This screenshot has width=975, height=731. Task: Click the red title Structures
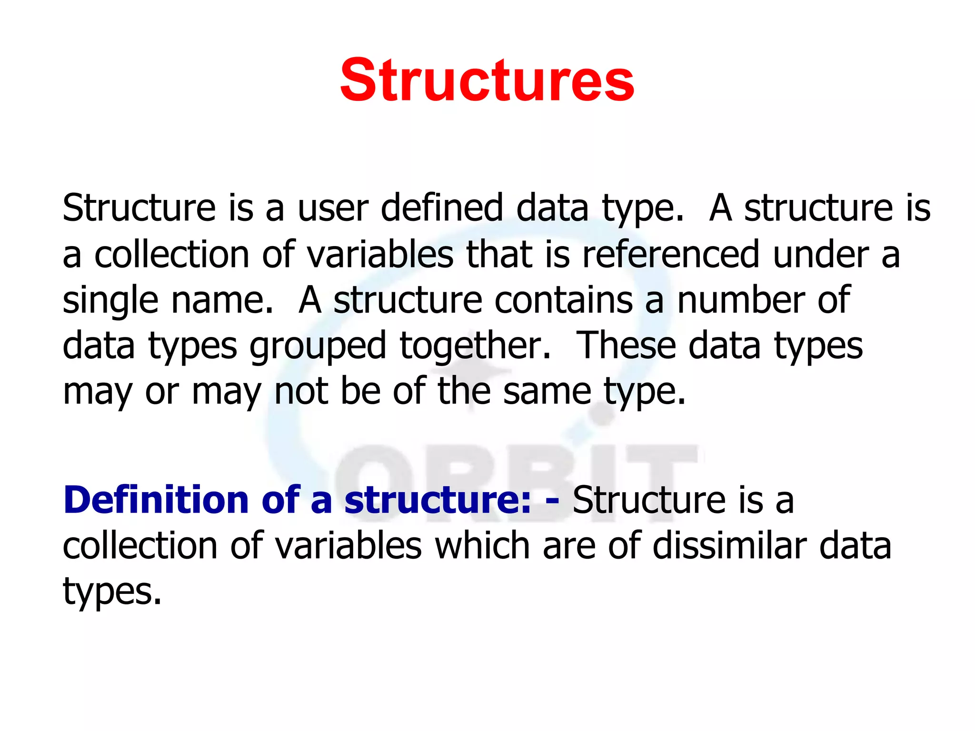point(487,80)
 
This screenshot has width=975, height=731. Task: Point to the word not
point(301,392)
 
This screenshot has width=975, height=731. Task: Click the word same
point(547,392)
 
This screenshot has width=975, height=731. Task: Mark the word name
point(222,301)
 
